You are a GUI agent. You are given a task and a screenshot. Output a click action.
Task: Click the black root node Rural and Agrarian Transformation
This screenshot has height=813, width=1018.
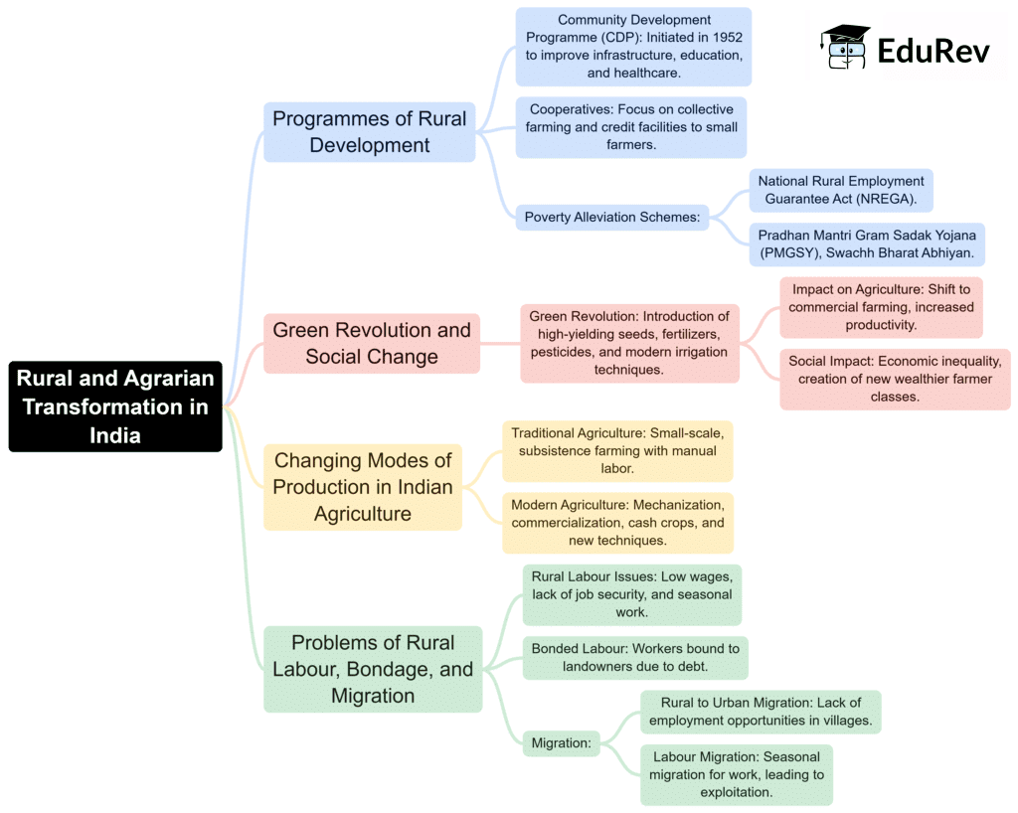pos(115,406)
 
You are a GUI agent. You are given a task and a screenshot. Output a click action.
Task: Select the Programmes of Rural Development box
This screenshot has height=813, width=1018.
pos(370,132)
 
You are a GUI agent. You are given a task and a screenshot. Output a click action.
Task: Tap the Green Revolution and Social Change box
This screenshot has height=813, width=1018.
pos(372,343)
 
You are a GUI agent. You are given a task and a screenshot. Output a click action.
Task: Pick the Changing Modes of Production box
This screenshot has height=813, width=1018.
pos(363,487)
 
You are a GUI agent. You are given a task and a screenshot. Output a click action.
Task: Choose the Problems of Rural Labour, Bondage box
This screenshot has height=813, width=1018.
pos(373,669)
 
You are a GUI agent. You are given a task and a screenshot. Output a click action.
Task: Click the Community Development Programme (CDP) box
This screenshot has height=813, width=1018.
pos(633,47)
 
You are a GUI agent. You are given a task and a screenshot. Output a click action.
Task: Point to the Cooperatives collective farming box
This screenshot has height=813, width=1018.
pos(630,127)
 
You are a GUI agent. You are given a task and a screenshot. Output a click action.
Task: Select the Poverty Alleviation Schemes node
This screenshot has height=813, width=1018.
pos(612,218)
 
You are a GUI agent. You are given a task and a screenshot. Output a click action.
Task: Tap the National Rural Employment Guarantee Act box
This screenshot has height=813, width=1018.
pos(840,190)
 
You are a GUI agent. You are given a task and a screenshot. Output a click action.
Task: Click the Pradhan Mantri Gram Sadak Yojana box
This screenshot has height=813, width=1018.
pos(867,244)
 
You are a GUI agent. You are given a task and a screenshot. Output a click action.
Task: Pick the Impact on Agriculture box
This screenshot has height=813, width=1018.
pos(881,307)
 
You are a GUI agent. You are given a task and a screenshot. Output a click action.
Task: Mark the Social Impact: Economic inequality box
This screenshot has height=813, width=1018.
pos(895,379)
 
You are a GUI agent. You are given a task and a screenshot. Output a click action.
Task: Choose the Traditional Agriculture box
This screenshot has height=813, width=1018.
pos(617,450)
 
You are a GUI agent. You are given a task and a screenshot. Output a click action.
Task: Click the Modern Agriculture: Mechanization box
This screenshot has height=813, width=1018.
pos(617,523)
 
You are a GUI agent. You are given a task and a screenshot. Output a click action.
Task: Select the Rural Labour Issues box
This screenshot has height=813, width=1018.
pos(631,594)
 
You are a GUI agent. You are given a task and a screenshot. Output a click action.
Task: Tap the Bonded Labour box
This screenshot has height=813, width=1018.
pos(635,658)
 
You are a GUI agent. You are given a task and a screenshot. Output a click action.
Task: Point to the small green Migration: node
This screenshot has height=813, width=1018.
pos(562,742)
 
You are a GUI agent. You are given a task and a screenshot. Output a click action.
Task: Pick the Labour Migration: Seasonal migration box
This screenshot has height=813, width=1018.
pos(737,774)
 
